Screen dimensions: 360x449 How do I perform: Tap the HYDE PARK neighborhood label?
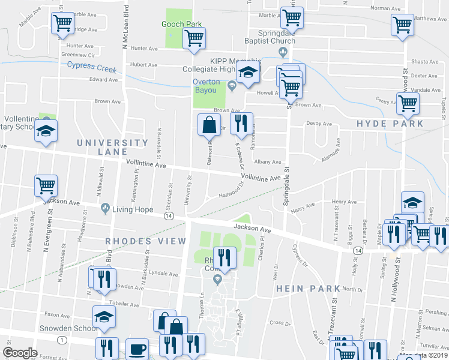point(390,124)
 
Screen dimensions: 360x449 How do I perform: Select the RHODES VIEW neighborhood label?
point(146,241)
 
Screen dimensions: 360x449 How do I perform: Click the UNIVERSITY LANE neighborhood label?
point(112,148)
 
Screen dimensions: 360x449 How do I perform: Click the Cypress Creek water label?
point(91,67)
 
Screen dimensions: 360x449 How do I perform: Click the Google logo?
point(20,353)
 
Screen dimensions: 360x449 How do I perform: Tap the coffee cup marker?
point(137,349)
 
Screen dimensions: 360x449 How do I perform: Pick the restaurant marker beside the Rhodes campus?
point(224,257)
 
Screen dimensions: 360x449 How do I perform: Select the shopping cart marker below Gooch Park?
point(194,39)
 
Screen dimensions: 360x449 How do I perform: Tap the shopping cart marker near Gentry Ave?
point(408,103)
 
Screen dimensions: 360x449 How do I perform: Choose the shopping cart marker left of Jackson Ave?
point(46,185)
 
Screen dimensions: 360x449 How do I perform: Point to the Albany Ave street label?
point(268,162)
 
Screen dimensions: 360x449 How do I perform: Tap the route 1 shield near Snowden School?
point(62,340)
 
